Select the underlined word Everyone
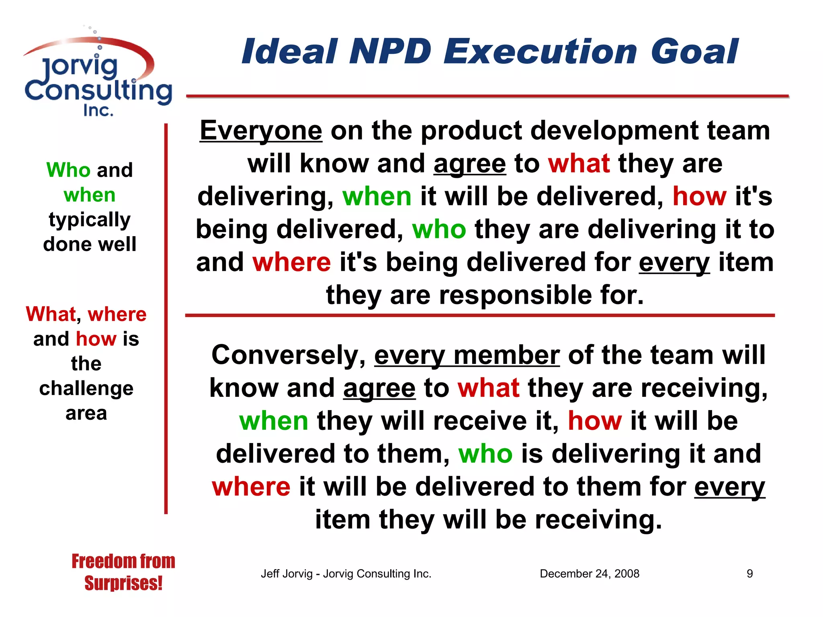point(261,131)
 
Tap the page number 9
point(749,574)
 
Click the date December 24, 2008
point(589,574)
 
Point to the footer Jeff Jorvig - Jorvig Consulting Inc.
point(346,574)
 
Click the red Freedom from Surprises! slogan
point(123,572)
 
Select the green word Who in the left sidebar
point(68,170)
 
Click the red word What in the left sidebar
point(51,314)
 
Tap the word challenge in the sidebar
point(86,388)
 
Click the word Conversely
point(288,355)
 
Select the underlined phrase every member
point(467,355)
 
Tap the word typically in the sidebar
point(89,220)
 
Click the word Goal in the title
point(694,51)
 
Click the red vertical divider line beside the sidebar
point(166,321)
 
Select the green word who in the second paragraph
point(485,454)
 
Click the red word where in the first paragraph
point(291,262)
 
